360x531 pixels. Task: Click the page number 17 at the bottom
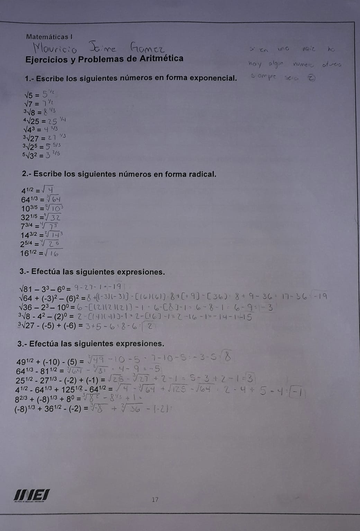click(155, 499)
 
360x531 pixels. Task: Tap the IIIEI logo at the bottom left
click(31, 495)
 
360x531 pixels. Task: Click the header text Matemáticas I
click(49, 36)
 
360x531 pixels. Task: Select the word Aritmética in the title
click(161, 58)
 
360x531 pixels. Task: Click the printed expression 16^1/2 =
click(31, 253)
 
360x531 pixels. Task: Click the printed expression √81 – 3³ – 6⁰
click(45, 288)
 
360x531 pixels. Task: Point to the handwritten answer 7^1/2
click(48, 103)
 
